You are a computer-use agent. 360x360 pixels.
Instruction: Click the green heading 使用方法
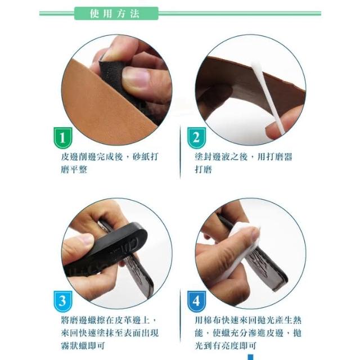[x=115, y=13]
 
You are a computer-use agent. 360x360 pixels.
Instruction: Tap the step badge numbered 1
[x=62, y=137]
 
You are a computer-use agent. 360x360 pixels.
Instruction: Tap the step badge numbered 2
[x=196, y=137]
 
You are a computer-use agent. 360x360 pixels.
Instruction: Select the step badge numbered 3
[x=62, y=301]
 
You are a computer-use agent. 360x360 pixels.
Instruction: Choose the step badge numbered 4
[x=196, y=301]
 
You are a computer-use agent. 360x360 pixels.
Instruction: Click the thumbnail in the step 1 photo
[x=135, y=78]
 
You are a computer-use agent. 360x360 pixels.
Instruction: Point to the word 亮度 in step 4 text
[x=229, y=345]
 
